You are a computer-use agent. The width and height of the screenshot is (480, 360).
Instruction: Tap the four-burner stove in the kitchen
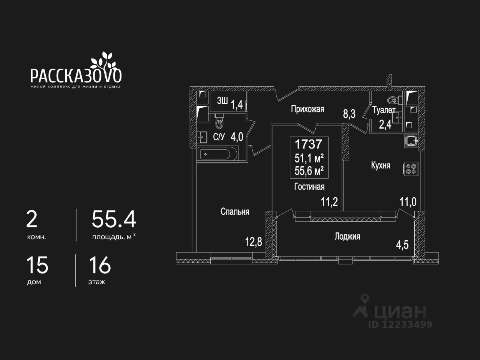[411, 169]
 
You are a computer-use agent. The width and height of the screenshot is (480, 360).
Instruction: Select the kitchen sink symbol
[411, 141]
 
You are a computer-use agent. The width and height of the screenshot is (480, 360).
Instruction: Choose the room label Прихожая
[307, 109]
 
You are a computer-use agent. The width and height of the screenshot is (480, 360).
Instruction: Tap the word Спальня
[235, 211]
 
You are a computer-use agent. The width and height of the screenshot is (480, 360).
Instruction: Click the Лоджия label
[347, 237]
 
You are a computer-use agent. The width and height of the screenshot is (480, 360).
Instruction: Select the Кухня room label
[381, 165]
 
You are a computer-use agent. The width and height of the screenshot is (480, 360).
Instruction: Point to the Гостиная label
[309, 187]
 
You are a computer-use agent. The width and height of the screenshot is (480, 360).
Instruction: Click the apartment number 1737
[308, 144]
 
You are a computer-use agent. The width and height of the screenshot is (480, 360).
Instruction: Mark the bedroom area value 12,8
[253, 242]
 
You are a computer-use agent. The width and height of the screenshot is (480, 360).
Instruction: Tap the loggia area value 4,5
[402, 245]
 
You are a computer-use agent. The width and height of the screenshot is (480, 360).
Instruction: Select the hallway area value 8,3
[349, 114]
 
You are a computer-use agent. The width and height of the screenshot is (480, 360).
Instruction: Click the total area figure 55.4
[114, 219]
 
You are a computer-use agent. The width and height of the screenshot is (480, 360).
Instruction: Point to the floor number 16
[100, 265]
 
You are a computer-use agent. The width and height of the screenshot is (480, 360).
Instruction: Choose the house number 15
[37, 265]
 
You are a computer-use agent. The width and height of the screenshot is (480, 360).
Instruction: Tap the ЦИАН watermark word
[400, 311]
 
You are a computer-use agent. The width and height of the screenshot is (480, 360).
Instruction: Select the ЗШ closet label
[222, 101]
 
